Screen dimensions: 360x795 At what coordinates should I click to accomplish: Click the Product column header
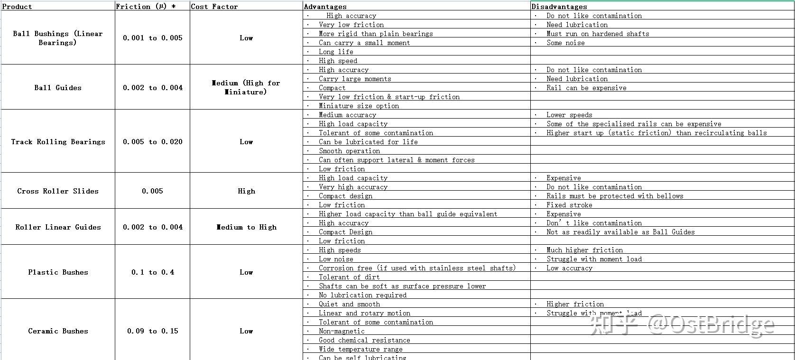pos(17,7)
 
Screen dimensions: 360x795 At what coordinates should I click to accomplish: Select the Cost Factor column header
pos(214,7)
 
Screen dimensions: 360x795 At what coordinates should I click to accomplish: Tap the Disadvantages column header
pos(559,7)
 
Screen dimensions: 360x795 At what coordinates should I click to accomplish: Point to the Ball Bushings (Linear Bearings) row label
pos(58,38)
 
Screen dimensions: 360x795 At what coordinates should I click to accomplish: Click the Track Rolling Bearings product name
pos(58,142)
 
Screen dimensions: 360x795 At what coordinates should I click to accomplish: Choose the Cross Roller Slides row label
pos(58,191)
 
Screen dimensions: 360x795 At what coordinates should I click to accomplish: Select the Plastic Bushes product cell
pos(58,272)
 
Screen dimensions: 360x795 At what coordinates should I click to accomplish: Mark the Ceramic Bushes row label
pos(58,331)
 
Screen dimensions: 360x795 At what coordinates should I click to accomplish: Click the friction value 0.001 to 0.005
pos(153,38)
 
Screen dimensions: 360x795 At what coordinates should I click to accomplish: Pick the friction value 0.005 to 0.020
pos(153,142)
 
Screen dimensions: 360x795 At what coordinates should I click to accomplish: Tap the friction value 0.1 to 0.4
pos(153,272)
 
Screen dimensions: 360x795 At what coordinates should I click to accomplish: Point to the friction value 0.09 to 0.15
pos(153,331)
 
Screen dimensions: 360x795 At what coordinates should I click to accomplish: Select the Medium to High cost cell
pos(246,227)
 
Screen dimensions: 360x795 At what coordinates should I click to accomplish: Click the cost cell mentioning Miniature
pos(246,88)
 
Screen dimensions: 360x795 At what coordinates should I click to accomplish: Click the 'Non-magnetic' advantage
pos(342,331)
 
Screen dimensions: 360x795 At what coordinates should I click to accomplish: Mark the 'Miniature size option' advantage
pos(359,106)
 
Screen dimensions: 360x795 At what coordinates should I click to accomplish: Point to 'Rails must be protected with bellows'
pos(615,196)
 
